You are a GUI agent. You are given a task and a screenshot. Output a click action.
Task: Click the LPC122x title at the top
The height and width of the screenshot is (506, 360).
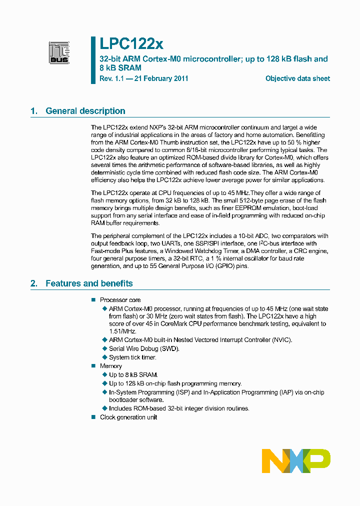coord(131,44)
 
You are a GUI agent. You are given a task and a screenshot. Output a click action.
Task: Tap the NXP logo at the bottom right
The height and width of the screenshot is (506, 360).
coord(296,460)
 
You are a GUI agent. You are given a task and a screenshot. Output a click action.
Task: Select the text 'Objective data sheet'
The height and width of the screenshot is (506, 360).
coord(297,78)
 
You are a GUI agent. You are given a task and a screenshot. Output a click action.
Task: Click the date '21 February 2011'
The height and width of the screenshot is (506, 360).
coord(160,78)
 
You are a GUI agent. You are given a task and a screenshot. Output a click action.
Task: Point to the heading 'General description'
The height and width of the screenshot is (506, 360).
coord(85,111)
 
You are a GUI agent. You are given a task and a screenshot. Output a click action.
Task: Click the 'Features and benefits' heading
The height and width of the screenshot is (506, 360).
coord(89,283)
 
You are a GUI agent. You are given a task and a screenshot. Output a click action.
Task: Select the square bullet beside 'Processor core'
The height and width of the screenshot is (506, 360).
coord(93,300)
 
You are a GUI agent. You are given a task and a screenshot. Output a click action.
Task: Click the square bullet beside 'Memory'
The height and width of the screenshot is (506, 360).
coord(93,366)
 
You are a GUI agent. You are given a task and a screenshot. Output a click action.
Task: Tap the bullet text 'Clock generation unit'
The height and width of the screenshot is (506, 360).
coord(128,417)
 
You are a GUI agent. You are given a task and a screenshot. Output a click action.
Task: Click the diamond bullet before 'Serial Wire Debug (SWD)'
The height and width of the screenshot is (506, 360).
coord(104,348)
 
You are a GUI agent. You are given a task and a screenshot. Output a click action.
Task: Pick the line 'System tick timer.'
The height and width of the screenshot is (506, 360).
coord(132,357)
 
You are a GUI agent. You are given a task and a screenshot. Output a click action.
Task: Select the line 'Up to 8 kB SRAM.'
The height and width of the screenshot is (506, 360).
coord(133,374)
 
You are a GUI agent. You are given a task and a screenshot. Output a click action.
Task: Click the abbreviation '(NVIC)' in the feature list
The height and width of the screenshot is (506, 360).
coord(280,340)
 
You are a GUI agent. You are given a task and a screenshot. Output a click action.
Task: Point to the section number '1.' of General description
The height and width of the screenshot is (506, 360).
coord(34,111)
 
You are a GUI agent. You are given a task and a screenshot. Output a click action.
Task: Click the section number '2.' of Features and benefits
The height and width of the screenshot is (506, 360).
coord(34,283)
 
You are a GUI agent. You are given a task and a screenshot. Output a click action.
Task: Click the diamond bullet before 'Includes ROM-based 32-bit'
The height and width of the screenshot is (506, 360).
coord(104,408)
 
